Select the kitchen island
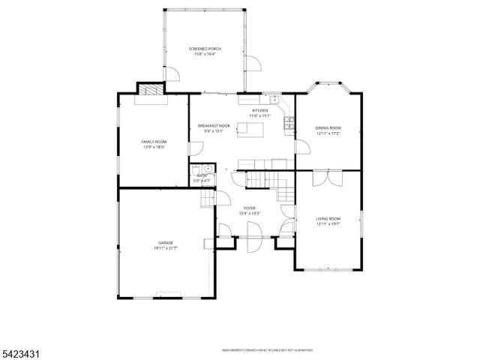tap(250, 129)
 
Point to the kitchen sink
tap(274, 98)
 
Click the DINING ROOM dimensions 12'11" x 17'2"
tap(328, 133)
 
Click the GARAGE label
tap(166, 242)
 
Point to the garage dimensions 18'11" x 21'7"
tap(166, 247)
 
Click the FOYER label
tap(249, 208)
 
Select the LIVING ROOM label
tap(328, 218)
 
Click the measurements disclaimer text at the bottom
tap(267, 350)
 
